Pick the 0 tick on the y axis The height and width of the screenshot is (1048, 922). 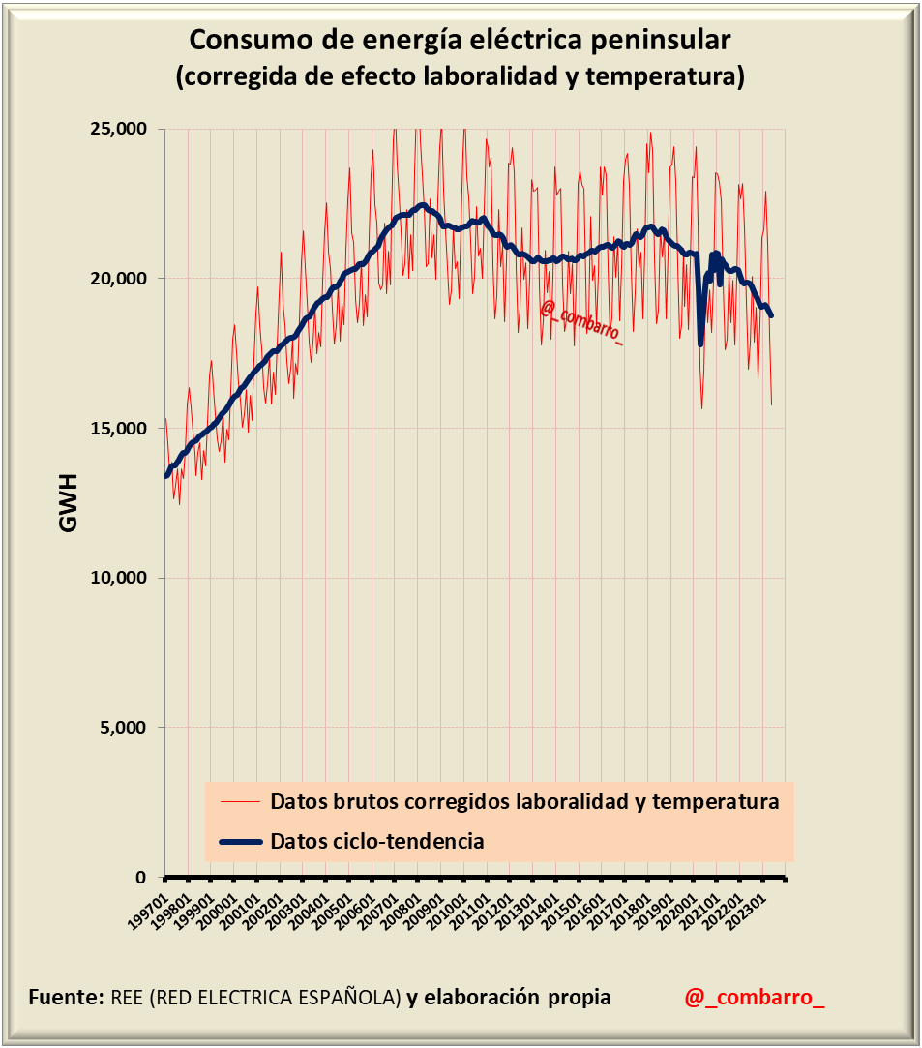(x=140, y=878)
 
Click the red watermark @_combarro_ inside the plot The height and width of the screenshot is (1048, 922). (x=580, y=323)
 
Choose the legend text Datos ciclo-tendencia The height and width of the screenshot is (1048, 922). (x=377, y=841)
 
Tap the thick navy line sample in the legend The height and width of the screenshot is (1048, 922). (x=241, y=842)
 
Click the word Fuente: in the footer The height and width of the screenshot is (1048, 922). (x=66, y=997)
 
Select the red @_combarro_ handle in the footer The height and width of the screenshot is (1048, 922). (x=755, y=997)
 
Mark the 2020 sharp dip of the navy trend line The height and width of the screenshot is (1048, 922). (x=700, y=342)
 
